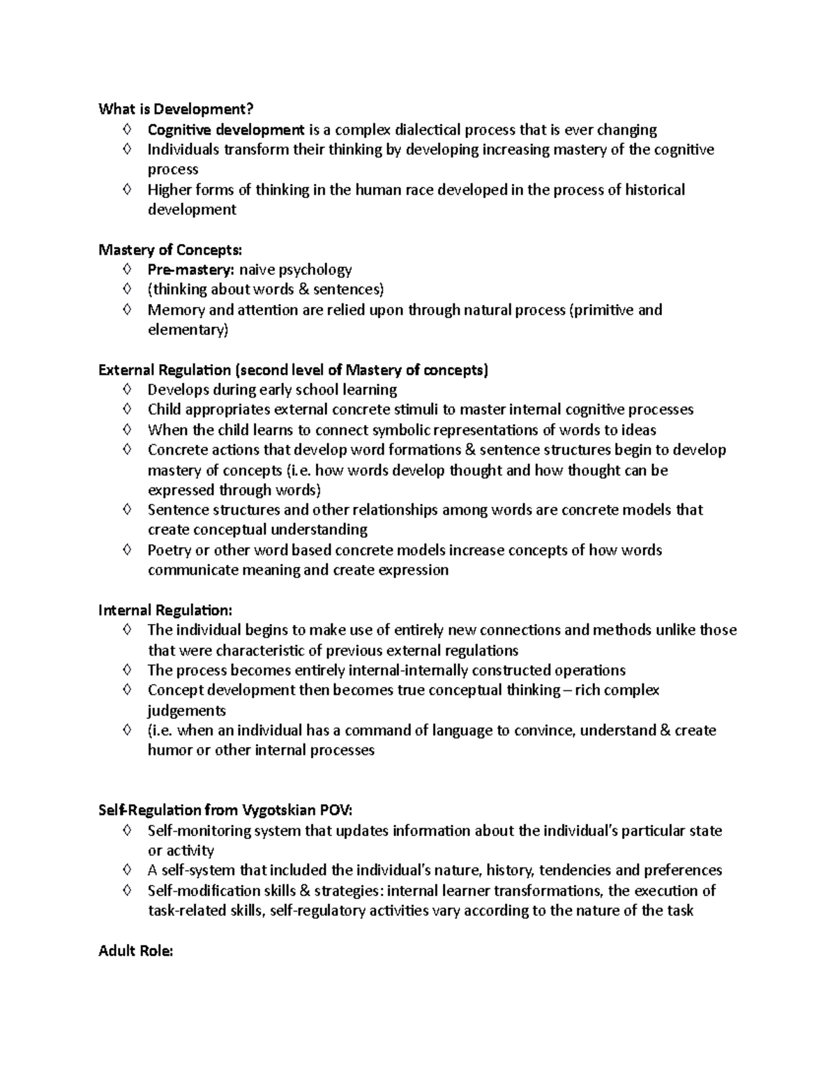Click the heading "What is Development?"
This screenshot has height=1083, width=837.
click(x=176, y=109)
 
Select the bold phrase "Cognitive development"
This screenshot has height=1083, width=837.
click(x=225, y=130)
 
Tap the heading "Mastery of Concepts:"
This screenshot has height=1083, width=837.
click(x=171, y=250)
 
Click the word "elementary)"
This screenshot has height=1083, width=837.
click(x=188, y=330)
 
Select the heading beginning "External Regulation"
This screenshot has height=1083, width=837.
click(x=293, y=370)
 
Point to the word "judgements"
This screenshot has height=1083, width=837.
click(x=186, y=711)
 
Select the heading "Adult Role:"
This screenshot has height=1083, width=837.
click(x=135, y=951)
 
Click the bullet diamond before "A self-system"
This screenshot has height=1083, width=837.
click(x=126, y=870)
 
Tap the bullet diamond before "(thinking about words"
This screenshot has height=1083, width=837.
click(x=126, y=289)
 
